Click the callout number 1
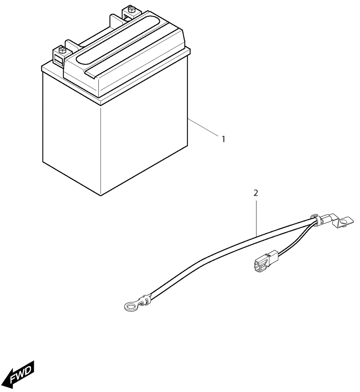tap(223, 139)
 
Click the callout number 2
tap(256, 193)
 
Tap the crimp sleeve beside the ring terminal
tap(146, 300)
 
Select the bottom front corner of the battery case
tap(100, 195)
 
